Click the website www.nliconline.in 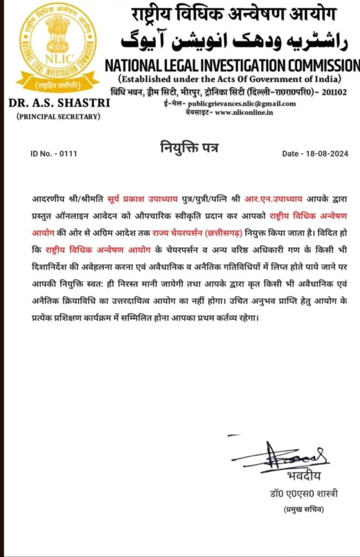pyautogui.click(x=244, y=112)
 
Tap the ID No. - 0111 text pyautogui.click(x=54, y=154)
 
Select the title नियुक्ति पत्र pyautogui.click(x=189, y=147)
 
